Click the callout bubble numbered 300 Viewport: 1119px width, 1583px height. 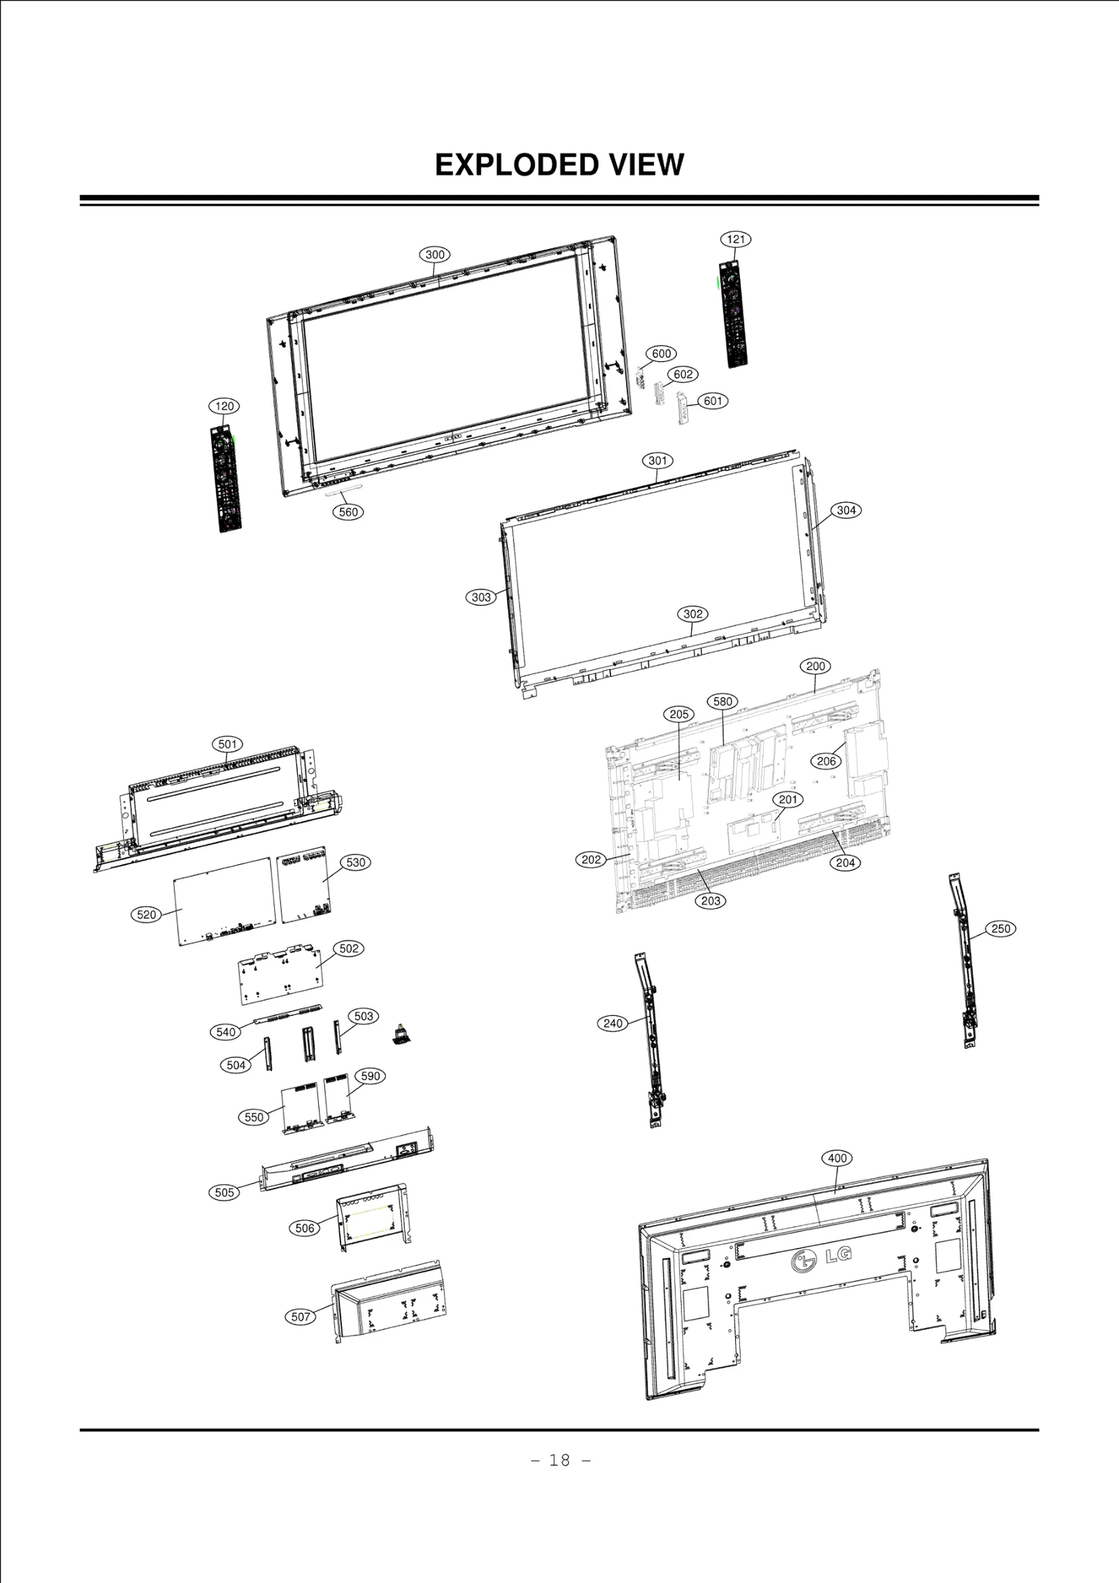pos(435,255)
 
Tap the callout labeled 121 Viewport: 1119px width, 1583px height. pos(736,239)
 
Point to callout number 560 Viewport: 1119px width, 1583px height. pos(348,512)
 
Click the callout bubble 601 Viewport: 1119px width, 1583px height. pos(713,401)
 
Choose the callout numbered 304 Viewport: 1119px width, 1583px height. pos(846,510)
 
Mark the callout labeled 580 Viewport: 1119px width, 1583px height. pos(722,701)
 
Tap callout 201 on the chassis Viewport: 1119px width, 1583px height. pos(787,799)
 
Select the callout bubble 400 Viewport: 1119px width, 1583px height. pos(837,1158)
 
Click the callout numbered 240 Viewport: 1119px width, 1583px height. pos(613,1024)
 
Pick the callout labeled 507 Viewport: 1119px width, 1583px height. pos(301,1317)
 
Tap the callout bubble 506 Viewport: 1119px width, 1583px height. pos(305,1228)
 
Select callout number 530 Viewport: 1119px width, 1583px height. pos(356,862)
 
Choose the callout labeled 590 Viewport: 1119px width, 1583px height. pos(371,1076)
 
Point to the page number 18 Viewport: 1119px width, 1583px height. pos(559,1460)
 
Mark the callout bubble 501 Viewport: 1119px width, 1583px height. pos(227,744)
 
